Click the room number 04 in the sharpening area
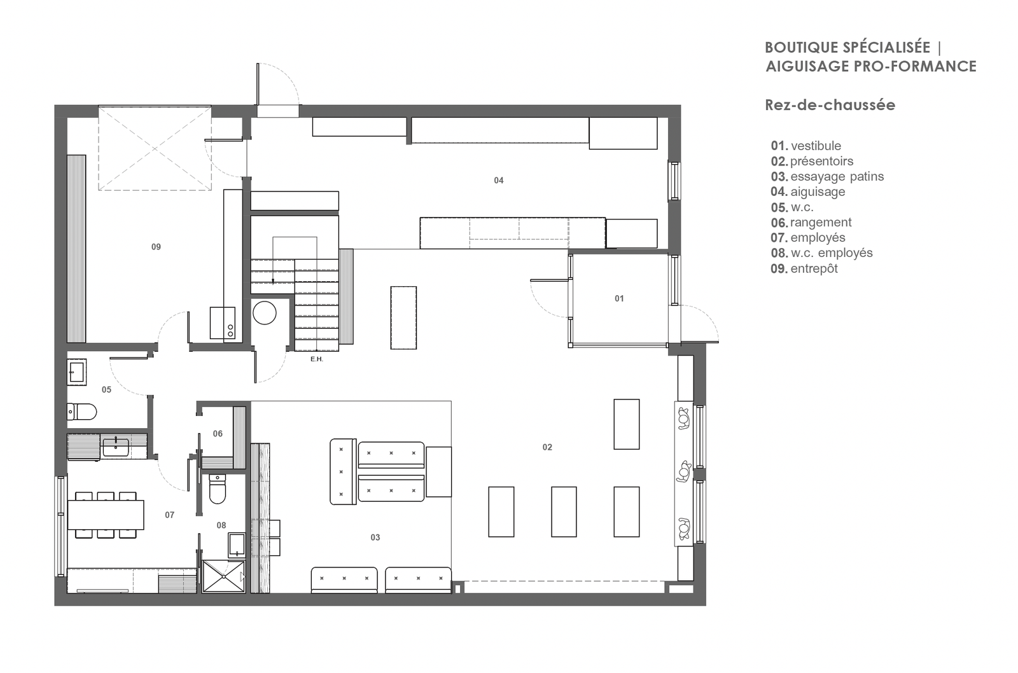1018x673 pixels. (x=499, y=181)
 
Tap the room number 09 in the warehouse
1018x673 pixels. (x=156, y=247)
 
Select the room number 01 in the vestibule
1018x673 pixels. (x=619, y=298)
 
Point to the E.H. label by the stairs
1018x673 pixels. (x=317, y=359)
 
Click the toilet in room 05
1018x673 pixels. (x=82, y=412)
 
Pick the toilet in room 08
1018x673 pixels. (x=218, y=489)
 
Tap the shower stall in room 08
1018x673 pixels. (x=223, y=577)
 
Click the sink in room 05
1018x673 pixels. (x=77, y=371)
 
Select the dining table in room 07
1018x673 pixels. (x=106, y=515)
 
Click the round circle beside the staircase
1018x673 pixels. (x=265, y=312)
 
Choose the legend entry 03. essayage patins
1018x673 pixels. (x=827, y=176)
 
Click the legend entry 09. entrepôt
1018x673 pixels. (x=804, y=268)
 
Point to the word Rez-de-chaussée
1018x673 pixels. (x=830, y=105)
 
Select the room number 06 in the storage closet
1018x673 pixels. (x=218, y=434)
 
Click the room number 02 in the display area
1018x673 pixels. (x=547, y=447)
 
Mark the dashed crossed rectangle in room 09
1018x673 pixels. (x=155, y=148)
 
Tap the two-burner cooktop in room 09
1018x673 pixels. (x=223, y=323)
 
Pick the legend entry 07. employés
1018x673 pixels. (x=808, y=238)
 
